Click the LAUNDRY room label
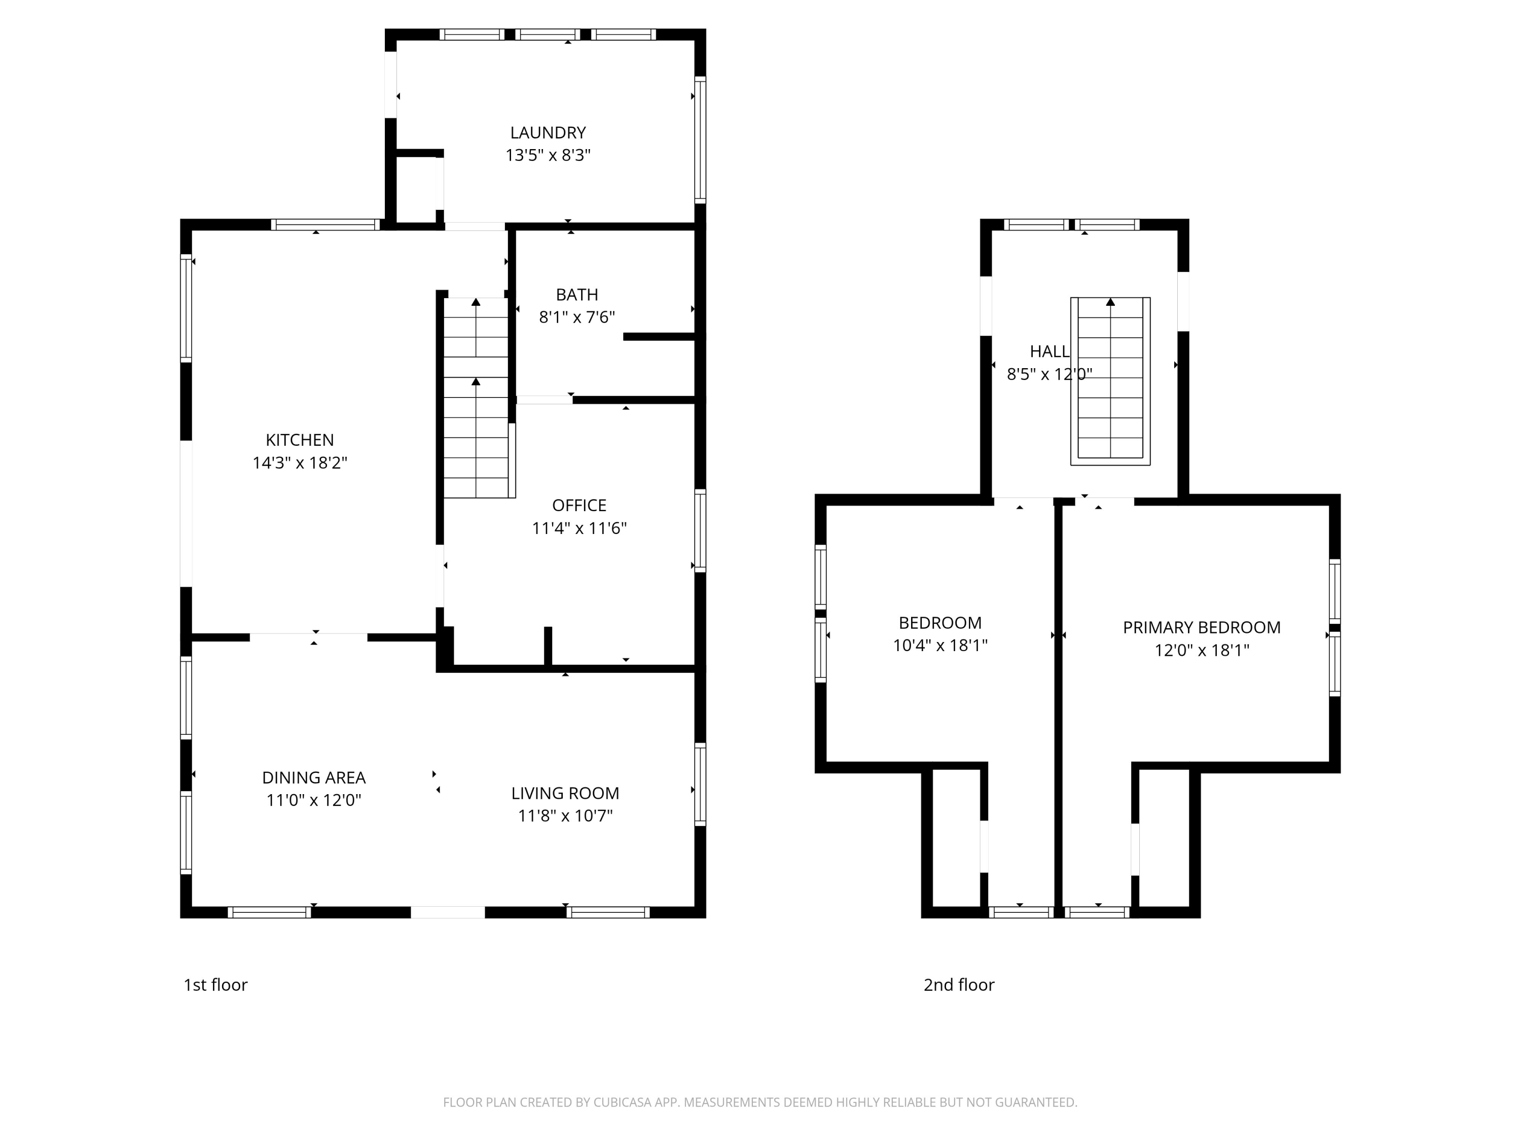(548, 133)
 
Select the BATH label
(576, 295)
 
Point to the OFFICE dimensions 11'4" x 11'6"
(579, 528)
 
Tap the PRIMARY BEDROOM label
(1201, 627)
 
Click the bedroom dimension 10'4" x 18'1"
(939, 645)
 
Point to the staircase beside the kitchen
(476, 399)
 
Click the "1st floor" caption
(215, 985)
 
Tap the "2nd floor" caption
(959, 985)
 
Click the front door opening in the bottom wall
(448, 913)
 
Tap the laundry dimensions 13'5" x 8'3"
(548, 156)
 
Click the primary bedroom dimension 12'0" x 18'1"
(1201, 650)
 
